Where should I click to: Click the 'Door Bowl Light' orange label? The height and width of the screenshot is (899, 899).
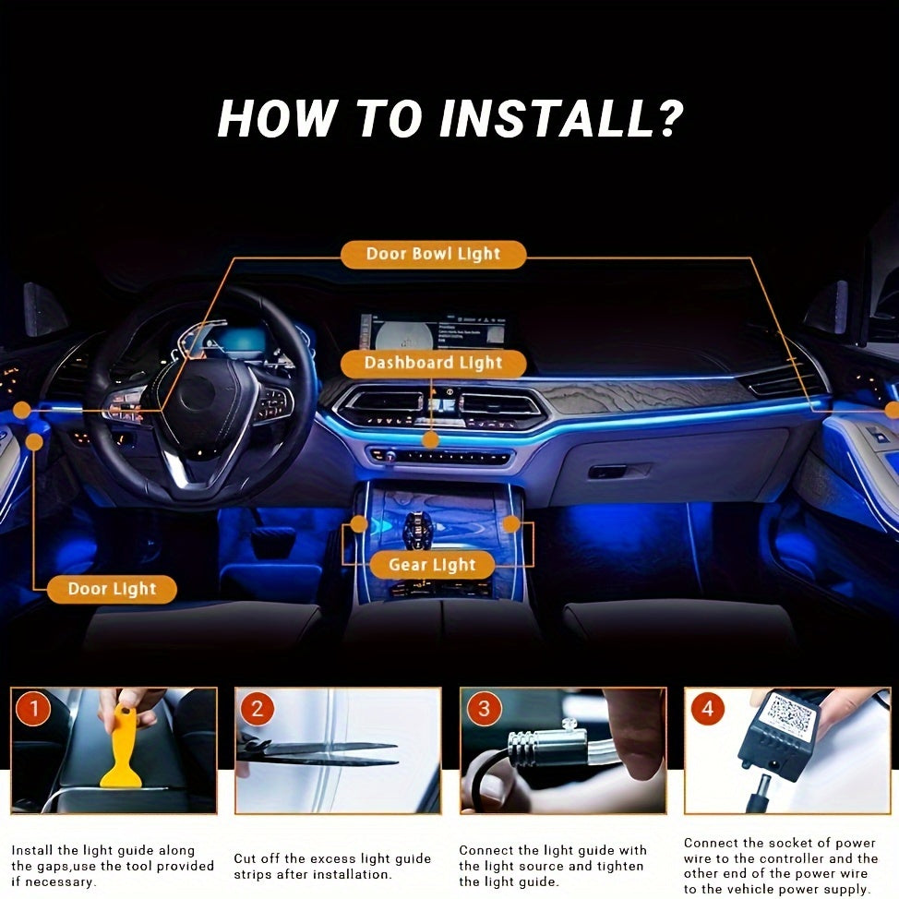433,254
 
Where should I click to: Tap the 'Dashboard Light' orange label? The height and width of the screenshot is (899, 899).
434,364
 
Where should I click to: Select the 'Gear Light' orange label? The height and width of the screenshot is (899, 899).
432,565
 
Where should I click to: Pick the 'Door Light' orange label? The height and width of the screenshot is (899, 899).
112,589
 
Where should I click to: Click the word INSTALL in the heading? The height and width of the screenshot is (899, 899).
546,119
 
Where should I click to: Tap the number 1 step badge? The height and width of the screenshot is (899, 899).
33,709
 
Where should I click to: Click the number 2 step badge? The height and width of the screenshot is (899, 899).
257,709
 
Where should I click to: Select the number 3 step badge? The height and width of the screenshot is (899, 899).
484,709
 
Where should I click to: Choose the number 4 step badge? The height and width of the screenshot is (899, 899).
708,709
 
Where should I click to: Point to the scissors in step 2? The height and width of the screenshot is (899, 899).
318,751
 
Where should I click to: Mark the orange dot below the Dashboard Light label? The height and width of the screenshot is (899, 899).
431,440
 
